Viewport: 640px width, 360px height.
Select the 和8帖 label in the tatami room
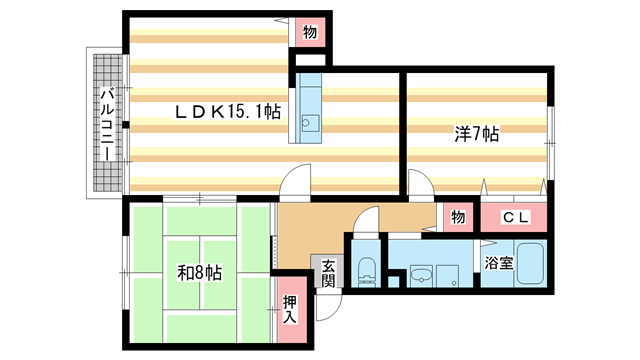point(200,273)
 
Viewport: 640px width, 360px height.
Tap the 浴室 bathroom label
point(500,265)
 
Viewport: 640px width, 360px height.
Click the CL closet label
point(515,216)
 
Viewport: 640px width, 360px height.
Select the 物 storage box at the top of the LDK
point(310,33)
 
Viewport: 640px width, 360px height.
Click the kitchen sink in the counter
point(309,126)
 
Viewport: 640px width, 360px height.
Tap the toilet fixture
point(365,268)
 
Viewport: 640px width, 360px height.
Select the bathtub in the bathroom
point(528,268)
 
